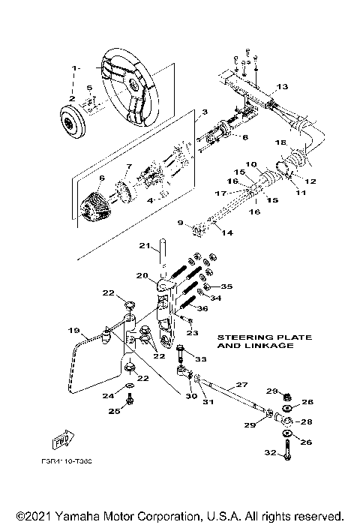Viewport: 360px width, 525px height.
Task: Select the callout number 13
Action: pyautogui.click(x=282, y=87)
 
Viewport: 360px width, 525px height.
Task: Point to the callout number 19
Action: pyautogui.click(x=73, y=330)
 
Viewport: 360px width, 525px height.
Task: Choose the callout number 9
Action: pyautogui.click(x=180, y=222)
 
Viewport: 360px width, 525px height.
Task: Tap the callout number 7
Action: pyautogui.click(x=128, y=166)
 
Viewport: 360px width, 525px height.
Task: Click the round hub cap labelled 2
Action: pyautogui.click(x=73, y=121)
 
